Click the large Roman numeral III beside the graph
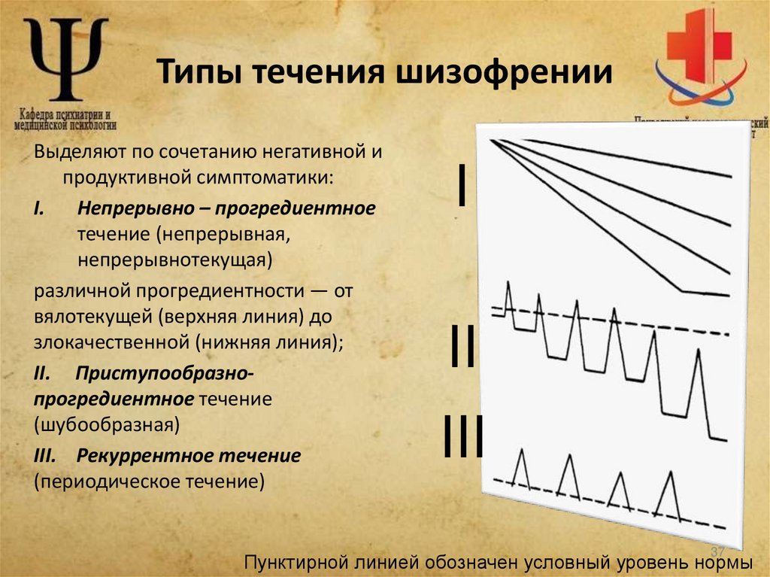click(462, 436)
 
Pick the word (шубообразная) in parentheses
click(106, 425)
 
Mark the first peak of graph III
click(522, 452)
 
